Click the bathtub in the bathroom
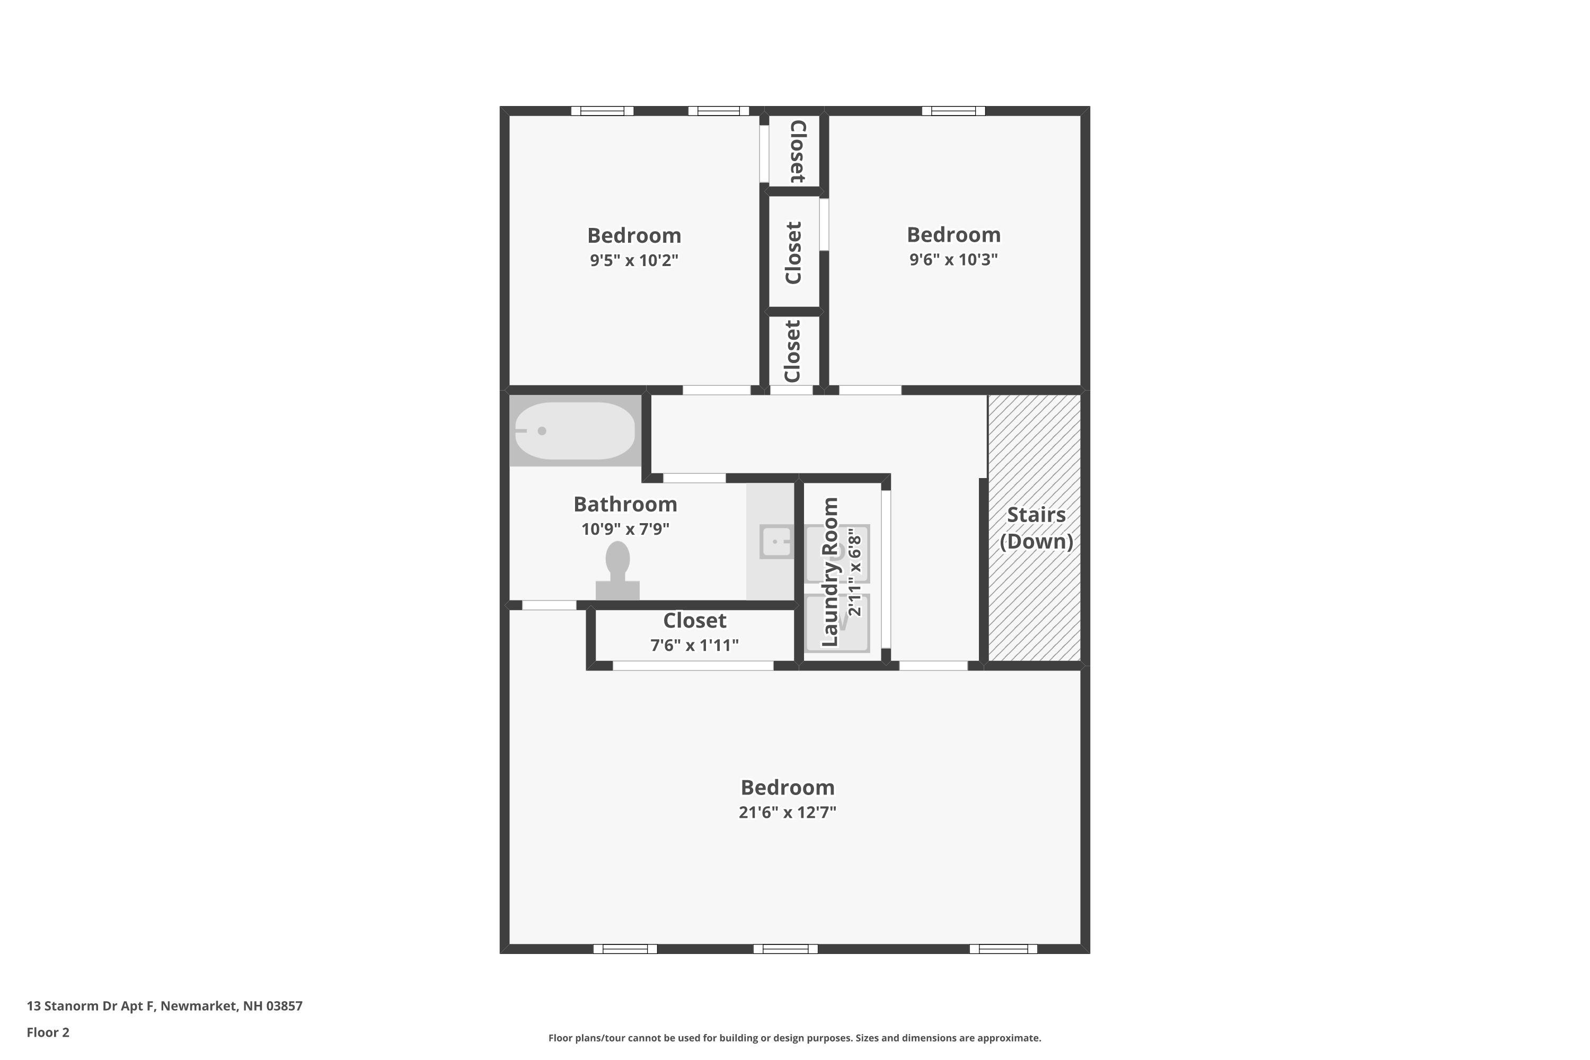(575, 430)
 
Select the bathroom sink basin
(776, 542)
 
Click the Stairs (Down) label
(1036, 528)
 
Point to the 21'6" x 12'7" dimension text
(787, 812)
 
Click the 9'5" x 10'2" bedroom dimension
(633, 260)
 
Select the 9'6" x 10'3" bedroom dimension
(953, 260)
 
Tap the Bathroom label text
(625, 505)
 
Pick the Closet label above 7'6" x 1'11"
(694, 621)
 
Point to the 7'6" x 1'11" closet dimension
(694, 646)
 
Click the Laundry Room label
(829, 572)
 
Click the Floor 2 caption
(48, 1032)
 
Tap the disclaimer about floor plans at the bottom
(794, 1038)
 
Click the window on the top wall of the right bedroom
(953, 111)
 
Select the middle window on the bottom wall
(785, 949)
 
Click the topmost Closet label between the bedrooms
(797, 152)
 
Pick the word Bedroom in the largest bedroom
(787, 788)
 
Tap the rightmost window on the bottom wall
(1003, 949)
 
